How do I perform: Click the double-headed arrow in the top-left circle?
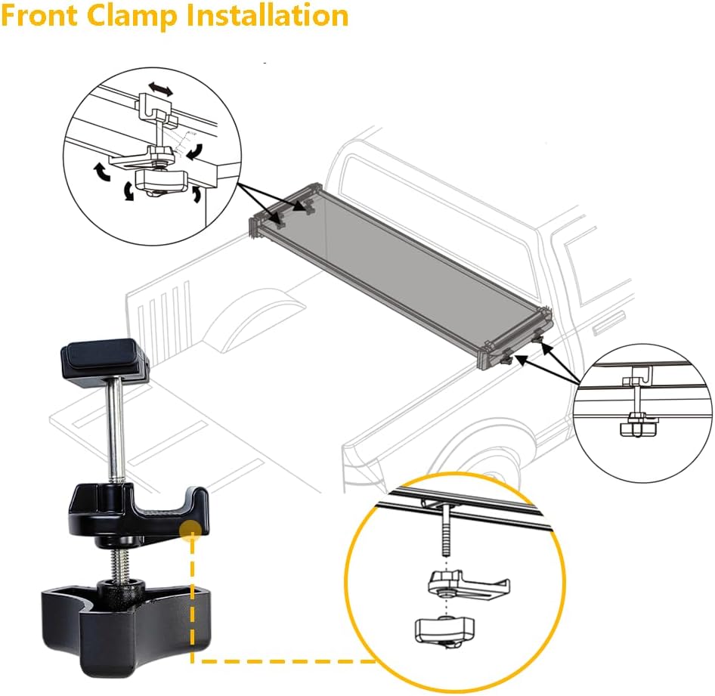159,89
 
